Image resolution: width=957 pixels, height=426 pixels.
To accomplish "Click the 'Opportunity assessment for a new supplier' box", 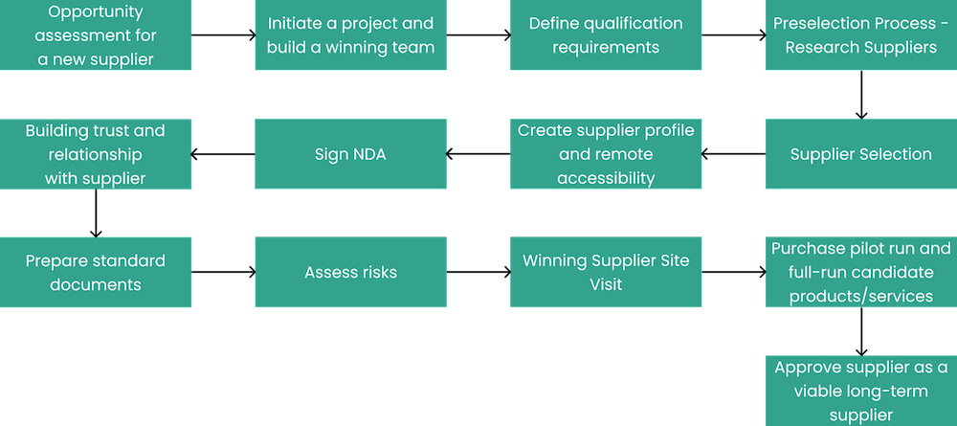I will tap(96, 35).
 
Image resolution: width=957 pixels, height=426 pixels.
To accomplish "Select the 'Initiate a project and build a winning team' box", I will tap(350, 35).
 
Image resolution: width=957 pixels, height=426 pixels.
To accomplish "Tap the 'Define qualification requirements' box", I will tap(606, 35).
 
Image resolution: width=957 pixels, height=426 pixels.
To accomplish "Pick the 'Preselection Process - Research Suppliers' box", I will tap(860, 35).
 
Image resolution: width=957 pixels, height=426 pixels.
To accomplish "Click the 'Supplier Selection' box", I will tap(860, 153).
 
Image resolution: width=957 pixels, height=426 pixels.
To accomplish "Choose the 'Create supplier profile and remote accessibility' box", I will tap(606, 153).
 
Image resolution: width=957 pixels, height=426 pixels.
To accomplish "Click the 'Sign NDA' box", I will tap(350, 153).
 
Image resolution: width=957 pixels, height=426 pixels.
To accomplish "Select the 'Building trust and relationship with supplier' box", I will tap(96, 153).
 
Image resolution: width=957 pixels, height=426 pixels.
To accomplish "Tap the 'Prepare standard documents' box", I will tap(96, 272).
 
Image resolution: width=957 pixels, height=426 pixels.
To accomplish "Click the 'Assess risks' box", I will tap(350, 272).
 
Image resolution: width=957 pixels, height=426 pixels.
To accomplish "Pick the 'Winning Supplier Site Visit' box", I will tap(606, 272).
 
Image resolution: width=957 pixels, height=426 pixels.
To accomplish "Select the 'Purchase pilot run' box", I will tap(860, 272).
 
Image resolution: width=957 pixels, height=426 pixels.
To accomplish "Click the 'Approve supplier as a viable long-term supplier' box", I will tap(860, 390).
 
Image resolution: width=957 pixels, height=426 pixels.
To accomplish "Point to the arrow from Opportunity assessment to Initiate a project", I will tap(223, 35).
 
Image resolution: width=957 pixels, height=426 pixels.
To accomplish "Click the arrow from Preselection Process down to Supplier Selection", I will tap(860, 95).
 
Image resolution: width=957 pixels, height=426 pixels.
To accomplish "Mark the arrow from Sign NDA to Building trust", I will tap(223, 153).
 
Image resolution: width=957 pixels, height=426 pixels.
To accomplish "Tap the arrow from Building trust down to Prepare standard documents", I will tap(96, 213).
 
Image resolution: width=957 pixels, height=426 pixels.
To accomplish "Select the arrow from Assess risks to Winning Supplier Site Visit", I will tap(478, 272).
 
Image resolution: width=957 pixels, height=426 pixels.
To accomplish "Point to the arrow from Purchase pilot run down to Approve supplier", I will tap(860, 331).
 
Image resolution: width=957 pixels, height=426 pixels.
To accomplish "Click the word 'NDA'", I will tap(367, 153).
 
